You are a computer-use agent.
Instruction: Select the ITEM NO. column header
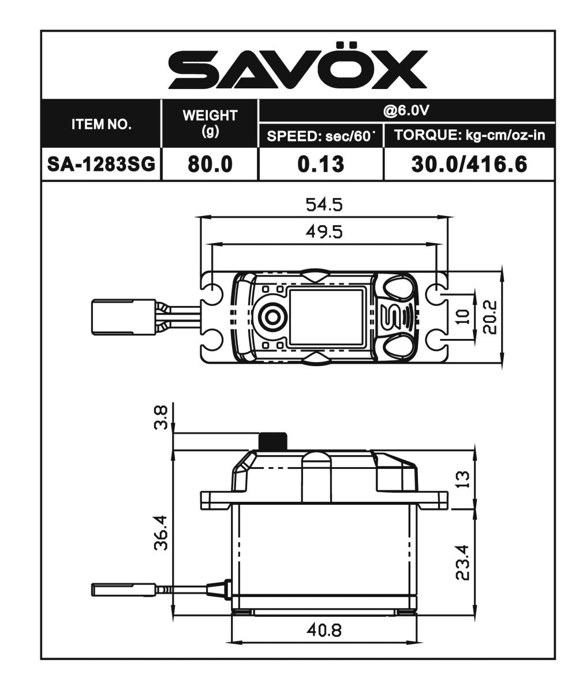pos(101,124)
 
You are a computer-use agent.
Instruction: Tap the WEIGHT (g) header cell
pos(210,122)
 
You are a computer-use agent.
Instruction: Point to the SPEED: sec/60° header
pos(321,137)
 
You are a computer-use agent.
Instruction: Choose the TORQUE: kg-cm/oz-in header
pos(469,136)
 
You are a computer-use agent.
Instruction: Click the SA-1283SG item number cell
pos(101,165)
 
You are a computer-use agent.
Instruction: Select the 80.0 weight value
pos(210,165)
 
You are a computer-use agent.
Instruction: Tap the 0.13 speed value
pos(321,165)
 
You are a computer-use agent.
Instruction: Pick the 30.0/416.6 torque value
pos(469,165)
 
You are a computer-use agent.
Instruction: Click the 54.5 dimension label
pos(323,205)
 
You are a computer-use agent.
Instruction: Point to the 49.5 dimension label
pos(323,232)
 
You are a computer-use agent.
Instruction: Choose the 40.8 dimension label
pos(323,630)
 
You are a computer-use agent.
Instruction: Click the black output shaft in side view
pos(273,441)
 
